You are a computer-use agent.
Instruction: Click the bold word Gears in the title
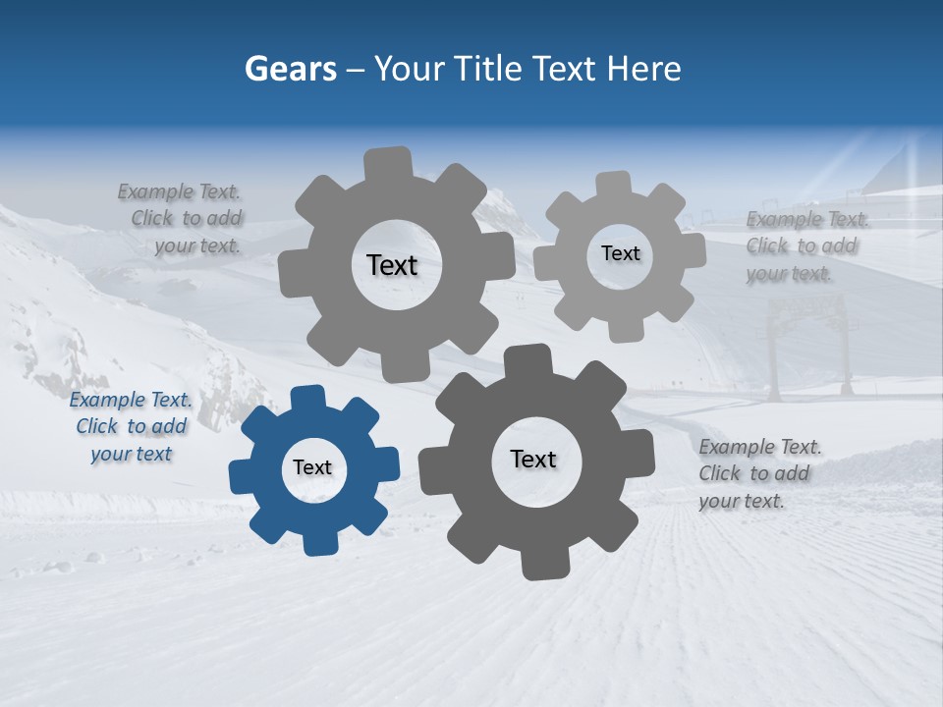pyautogui.click(x=290, y=69)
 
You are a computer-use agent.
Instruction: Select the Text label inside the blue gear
pyautogui.click(x=312, y=467)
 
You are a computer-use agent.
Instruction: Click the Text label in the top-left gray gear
pyautogui.click(x=392, y=265)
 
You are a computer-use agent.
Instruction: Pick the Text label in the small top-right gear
pyautogui.click(x=620, y=253)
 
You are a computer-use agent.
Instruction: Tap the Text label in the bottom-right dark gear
pyautogui.click(x=533, y=459)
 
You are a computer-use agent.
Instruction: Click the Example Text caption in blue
pyautogui.click(x=131, y=427)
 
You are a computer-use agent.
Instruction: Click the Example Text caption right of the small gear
pyautogui.click(x=806, y=246)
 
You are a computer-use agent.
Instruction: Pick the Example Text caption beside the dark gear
pyautogui.click(x=759, y=473)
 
